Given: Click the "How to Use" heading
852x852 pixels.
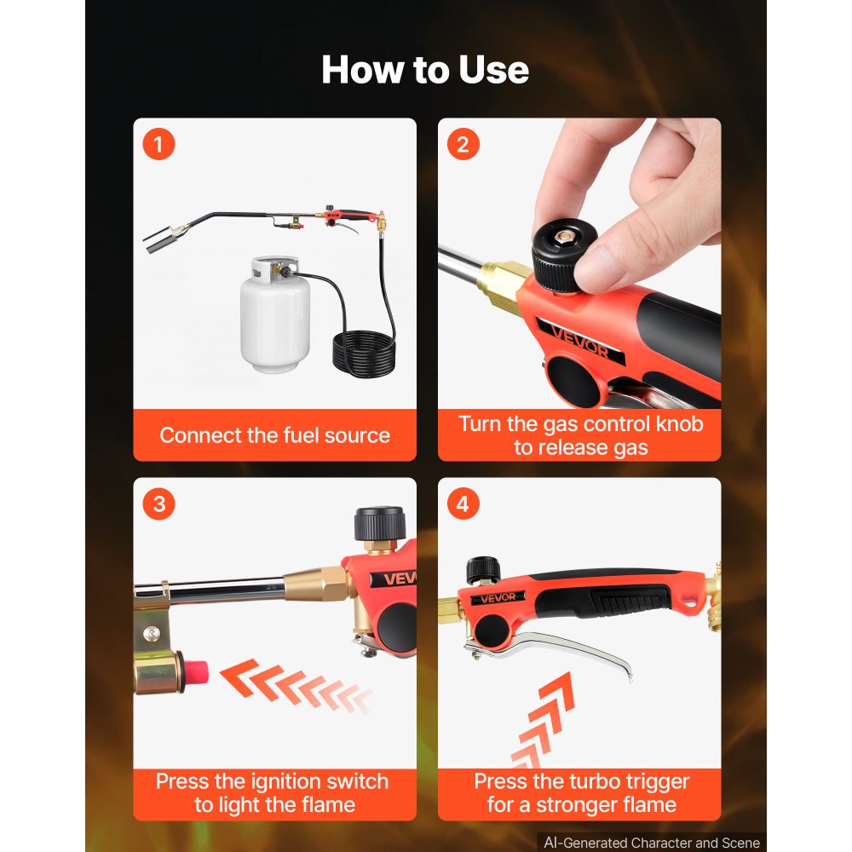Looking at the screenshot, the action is [x=425, y=70].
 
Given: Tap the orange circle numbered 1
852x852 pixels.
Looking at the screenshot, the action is [x=158, y=144].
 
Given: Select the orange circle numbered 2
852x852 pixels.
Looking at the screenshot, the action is [x=463, y=144].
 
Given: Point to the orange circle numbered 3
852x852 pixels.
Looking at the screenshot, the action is [x=158, y=504].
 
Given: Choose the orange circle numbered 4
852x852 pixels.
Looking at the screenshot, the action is [x=463, y=504].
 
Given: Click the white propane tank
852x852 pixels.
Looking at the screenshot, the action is [x=275, y=315].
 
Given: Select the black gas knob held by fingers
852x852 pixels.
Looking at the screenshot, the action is [x=562, y=256].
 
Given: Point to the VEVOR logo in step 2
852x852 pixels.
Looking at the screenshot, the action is [x=579, y=340].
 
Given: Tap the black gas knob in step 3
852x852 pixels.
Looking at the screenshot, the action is [x=380, y=524].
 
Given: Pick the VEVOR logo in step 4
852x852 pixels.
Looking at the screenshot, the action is [x=498, y=598].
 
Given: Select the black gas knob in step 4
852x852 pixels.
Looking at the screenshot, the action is [x=483, y=570].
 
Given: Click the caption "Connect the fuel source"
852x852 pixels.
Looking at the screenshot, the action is [x=275, y=435].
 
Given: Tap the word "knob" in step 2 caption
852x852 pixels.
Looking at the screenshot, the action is [x=680, y=423].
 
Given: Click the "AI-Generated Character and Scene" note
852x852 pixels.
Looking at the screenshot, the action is [x=652, y=843].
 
